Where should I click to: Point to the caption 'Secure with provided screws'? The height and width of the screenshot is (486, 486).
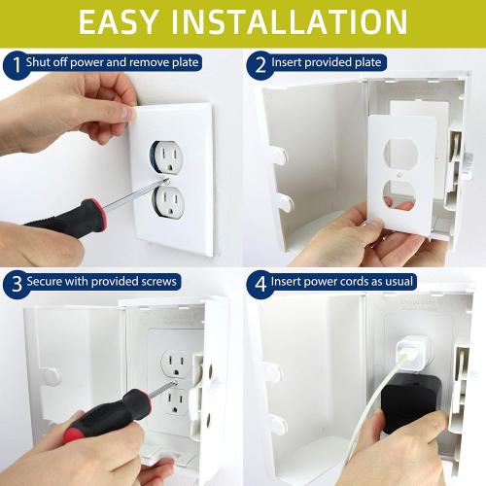click(103, 282)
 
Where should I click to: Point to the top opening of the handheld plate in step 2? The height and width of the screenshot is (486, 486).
click(399, 153)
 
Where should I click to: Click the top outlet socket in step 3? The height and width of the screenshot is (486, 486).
click(177, 362)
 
